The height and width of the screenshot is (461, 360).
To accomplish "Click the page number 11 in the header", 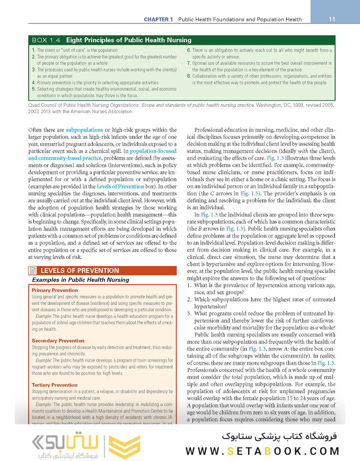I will point(332,19).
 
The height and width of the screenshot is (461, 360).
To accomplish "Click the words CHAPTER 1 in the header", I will point(158,20).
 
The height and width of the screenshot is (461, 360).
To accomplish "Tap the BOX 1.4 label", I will point(46,41).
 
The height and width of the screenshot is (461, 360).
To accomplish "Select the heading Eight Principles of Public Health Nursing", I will point(128,41).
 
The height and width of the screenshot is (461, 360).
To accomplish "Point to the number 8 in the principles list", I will point(189,76).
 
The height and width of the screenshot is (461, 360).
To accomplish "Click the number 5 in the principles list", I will point(34,89).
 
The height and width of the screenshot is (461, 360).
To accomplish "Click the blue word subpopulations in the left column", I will point(84,129).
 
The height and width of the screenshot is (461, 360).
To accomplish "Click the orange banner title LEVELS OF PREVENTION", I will point(80,271).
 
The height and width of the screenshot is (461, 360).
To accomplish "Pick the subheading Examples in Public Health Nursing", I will point(81,280).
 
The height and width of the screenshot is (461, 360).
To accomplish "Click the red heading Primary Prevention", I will point(55,290).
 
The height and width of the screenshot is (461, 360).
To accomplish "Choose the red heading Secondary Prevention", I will point(58,341).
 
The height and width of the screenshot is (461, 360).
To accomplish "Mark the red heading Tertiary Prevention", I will point(55,385).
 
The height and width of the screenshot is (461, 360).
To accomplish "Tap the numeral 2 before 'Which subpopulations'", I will point(190,299).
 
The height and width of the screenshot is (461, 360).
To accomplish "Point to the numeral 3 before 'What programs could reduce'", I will point(190,313).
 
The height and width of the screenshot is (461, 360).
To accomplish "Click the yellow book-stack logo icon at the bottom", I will point(125,446).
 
